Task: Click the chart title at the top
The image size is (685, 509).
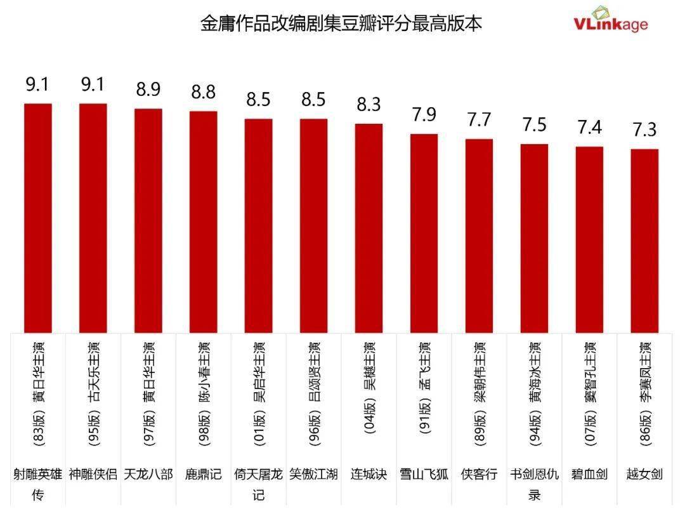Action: pyautogui.click(x=341, y=24)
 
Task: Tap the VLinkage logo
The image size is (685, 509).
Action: pyautogui.click(x=611, y=20)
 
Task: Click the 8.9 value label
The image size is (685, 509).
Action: pyautogui.click(x=148, y=90)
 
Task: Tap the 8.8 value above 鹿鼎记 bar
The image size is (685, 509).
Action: pyautogui.click(x=203, y=93)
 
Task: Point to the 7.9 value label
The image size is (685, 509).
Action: pyautogui.click(x=424, y=115)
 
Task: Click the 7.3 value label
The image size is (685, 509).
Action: pyautogui.click(x=644, y=130)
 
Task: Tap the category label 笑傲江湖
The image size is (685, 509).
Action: pyautogui.click(x=313, y=474)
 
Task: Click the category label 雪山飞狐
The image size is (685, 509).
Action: pyautogui.click(x=424, y=474)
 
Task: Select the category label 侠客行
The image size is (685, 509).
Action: pyautogui.click(x=479, y=474)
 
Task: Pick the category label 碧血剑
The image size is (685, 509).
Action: pyautogui.click(x=589, y=474)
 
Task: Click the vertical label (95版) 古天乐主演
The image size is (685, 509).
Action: pyautogui.click(x=93, y=393)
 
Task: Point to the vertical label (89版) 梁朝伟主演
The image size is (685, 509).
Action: pyautogui.click(x=479, y=393)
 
